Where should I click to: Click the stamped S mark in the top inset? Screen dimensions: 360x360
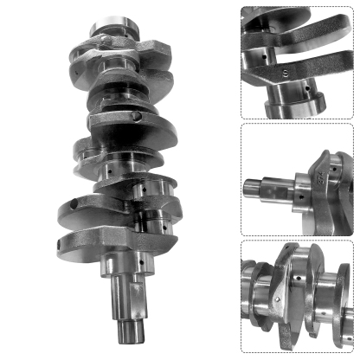285,74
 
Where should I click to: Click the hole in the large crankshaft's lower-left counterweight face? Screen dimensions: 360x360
75,202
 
